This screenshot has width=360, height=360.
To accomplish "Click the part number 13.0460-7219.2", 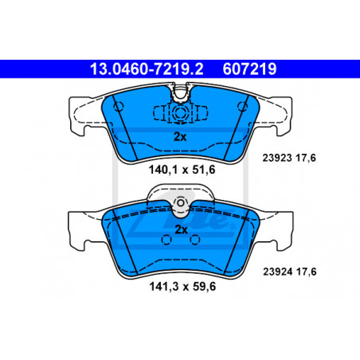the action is [147, 69].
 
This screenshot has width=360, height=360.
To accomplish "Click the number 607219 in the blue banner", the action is [249, 69].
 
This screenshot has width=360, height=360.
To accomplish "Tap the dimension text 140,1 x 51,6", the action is [182, 170].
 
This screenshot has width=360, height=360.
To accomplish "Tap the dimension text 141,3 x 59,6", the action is [182, 287].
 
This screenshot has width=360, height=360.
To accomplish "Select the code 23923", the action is [277, 158].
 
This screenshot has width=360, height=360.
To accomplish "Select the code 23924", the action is [278, 272].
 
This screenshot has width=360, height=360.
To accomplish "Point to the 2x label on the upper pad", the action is [180, 137].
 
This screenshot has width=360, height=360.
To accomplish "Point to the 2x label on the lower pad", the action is [181, 229].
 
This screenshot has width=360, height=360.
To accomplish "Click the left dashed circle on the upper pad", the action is [119, 107].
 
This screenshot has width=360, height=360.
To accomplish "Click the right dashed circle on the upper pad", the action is [242, 107].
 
